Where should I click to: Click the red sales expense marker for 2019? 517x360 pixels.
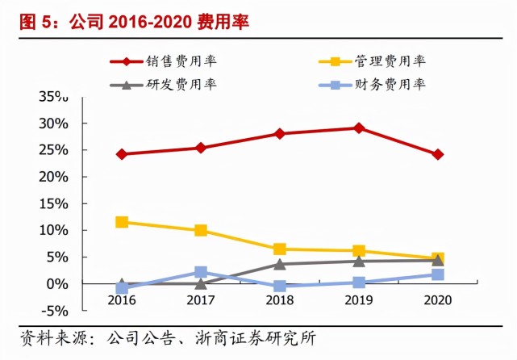[359, 128]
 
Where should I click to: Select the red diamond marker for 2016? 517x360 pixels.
[122, 153]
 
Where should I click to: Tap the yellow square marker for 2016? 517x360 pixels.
[122, 221]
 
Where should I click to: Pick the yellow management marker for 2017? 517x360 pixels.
[201, 230]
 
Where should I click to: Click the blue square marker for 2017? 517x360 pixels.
[201, 272]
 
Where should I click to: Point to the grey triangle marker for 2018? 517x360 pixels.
[280, 263]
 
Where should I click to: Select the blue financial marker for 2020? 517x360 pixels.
[438, 274]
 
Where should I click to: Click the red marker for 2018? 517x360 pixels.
[280, 133]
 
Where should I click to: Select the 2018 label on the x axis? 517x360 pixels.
[280, 299]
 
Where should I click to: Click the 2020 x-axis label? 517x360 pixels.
[438, 299]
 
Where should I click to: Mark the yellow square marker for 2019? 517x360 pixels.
[359, 251]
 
